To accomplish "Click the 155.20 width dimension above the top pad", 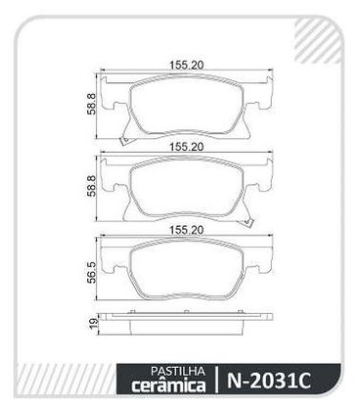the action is pyautogui.click(x=186, y=66).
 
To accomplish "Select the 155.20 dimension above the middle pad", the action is pyautogui.click(x=186, y=147).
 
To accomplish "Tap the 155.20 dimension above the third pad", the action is pyautogui.click(x=186, y=230).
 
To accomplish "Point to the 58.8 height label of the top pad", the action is pyautogui.click(x=91, y=104).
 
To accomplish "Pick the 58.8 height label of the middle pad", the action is pyautogui.click(x=91, y=186).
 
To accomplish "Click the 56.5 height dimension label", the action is pyautogui.click(x=91, y=272).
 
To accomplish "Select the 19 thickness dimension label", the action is pyautogui.click(x=93, y=323).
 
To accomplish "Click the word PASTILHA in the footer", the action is pyautogui.click(x=178, y=371).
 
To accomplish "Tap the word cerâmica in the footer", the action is pyautogui.click(x=168, y=385).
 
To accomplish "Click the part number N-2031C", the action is pyautogui.click(x=268, y=380).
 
